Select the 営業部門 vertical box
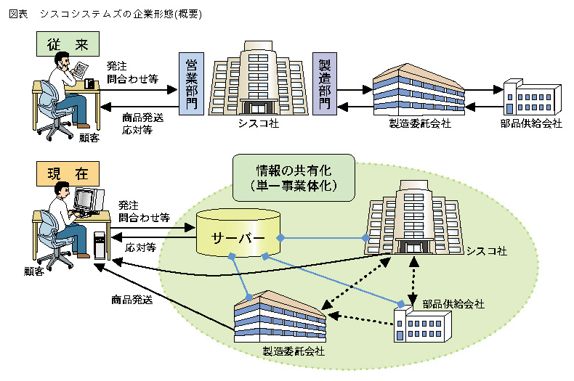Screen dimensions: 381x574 click(x=191, y=84)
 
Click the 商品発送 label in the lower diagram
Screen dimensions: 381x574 click(x=132, y=299)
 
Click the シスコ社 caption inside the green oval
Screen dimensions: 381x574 click(x=486, y=250)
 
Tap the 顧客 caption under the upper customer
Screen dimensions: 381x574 click(x=89, y=136)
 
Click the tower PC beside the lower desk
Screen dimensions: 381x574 click(x=100, y=243)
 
